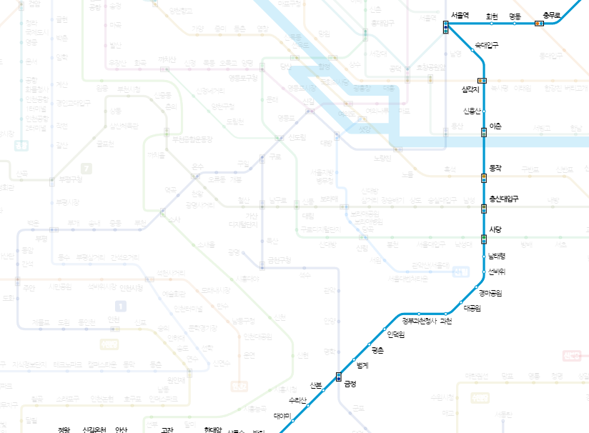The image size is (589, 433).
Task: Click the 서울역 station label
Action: click(460, 15)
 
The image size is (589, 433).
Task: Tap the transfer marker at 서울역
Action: click(445, 27)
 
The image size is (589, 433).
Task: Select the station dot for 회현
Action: click(492, 24)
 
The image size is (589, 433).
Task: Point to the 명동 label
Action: click(515, 15)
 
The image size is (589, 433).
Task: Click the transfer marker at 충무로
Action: click(539, 24)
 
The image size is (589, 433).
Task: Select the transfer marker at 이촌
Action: click(484, 131)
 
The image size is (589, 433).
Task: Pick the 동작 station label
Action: click(496, 169)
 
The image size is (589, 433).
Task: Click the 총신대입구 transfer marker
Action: click(484, 209)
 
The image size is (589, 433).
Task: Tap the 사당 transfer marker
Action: click(484, 239)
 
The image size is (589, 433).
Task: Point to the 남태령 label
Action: click(497, 256)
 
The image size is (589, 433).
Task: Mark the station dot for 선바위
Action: click(484, 272)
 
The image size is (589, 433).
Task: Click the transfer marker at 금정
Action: click(339, 377)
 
